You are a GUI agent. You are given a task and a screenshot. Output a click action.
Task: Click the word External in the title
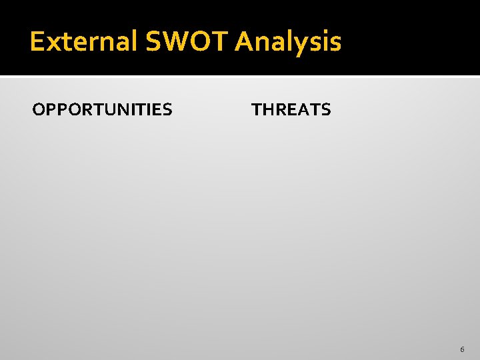[x=83, y=42]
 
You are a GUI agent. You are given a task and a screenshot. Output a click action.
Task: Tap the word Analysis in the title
[x=288, y=42]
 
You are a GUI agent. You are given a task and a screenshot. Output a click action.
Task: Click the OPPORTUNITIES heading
[x=102, y=109]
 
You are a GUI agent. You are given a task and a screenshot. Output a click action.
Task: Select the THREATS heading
[x=291, y=109]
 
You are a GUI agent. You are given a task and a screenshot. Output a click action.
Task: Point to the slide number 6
[x=462, y=349]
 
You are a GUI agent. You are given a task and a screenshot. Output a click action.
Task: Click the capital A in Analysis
[x=245, y=42]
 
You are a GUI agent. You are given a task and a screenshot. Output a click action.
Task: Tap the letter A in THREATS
[x=303, y=109]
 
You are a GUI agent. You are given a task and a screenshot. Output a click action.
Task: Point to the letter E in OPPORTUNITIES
[x=157, y=109]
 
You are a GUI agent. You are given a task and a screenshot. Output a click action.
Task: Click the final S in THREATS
[x=325, y=109]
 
